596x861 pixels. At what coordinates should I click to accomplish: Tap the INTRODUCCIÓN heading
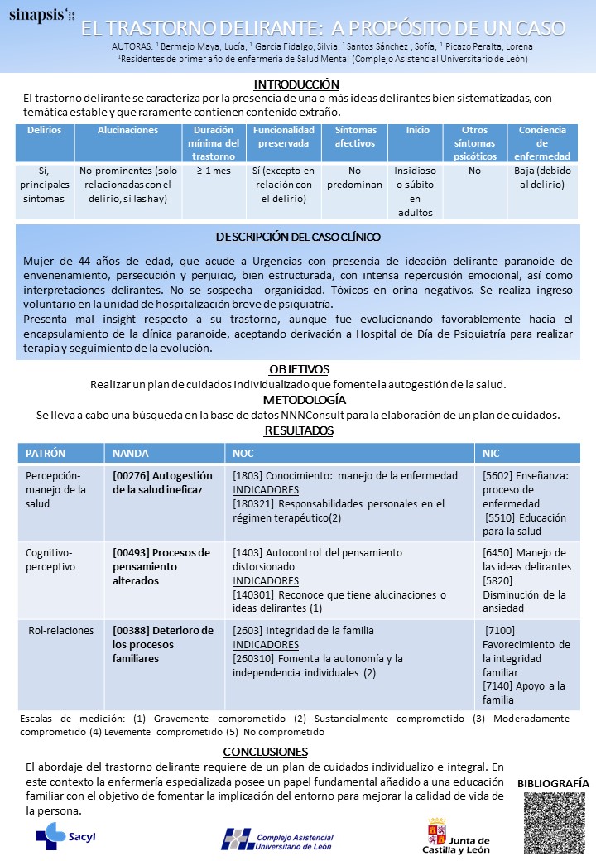pos(297,84)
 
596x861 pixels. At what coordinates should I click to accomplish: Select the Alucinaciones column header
pos(127,131)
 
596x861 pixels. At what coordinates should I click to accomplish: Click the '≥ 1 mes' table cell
pos(214,171)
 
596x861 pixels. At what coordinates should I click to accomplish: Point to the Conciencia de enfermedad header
pos(542,143)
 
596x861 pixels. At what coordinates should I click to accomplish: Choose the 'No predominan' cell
pos(355,178)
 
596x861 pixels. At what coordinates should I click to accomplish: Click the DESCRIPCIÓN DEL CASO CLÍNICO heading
pos(298,237)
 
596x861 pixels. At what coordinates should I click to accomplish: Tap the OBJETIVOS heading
pos(299,369)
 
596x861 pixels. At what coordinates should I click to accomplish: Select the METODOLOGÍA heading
pos(299,400)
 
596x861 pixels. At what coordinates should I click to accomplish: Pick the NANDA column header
pos(131,454)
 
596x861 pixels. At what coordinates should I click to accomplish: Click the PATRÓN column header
pos(46,454)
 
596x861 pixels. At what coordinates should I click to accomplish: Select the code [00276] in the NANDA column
pos(131,476)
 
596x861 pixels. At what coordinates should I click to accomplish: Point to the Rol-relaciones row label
pos(61,631)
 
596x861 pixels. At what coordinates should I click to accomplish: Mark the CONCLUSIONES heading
pos(265,752)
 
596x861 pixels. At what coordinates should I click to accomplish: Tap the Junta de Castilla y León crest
pos(436,832)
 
